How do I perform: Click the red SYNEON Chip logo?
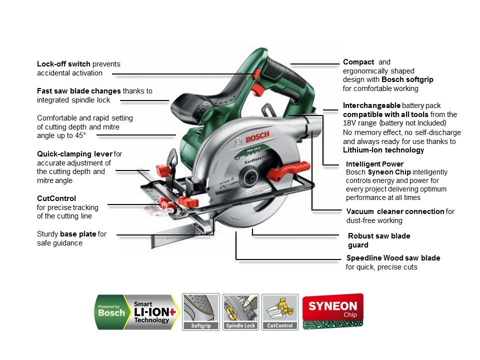point(332,310)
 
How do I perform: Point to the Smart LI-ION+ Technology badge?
point(136,312)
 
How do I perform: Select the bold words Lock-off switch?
point(63,64)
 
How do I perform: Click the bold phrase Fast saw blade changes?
point(78,91)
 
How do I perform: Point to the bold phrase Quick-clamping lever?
point(74,153)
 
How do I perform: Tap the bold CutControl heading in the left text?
point(56,198)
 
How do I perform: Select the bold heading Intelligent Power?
point(374,164)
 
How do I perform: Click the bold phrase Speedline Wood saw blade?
point(393,258)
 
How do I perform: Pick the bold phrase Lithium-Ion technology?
point(383,150)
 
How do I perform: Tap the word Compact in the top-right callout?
point(358,62)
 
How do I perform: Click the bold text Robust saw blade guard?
point(378,240)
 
